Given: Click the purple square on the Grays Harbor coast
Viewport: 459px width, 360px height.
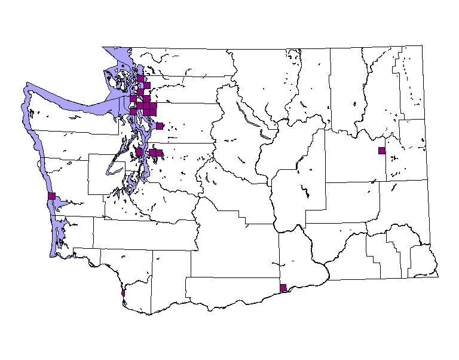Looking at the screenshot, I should [51, 196].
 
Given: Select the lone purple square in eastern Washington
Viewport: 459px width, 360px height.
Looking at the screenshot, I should [381, 150].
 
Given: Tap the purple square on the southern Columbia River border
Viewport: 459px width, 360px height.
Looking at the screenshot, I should [283, 288].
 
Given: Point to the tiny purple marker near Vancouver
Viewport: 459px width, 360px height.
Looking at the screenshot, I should [123, 293].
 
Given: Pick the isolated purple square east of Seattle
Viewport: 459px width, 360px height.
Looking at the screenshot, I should [160, 126].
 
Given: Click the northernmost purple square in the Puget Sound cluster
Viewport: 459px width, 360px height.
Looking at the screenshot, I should [140, 78].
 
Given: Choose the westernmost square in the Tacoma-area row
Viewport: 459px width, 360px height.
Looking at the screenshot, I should [139, 152].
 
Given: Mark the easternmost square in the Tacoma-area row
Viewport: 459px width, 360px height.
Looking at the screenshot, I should [159, 153].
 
